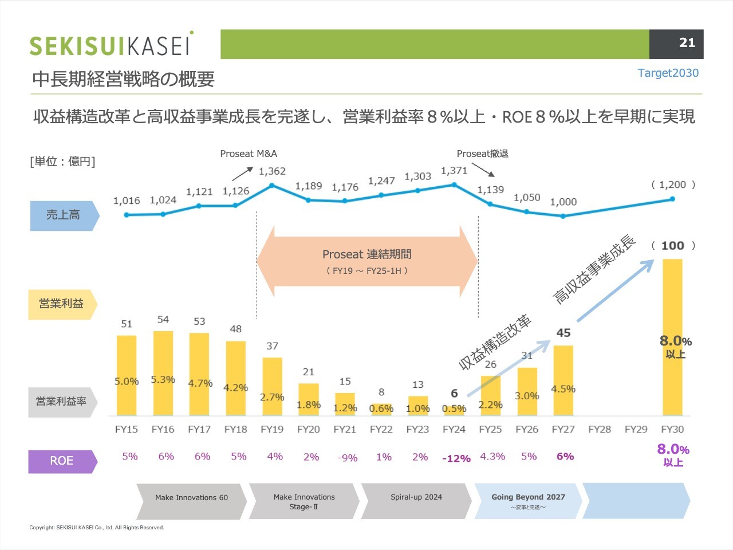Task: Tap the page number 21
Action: click(687, 43)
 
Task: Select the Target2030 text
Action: click(668, 73)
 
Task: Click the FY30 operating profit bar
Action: click(672, 337)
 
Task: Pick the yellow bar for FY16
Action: click(163, 374)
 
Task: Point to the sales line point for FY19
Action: click(272, 185)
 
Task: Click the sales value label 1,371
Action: click(454, 171)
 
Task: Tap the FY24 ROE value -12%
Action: click(456, 458)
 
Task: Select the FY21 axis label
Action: click(345, 429)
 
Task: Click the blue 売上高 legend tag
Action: click(65, 215)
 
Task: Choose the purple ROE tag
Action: click(62, 462)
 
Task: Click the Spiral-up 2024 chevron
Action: click(416, 501)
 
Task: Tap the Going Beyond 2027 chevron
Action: click(528, 501)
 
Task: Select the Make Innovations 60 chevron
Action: click(191, 501)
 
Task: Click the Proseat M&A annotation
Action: click(249, 154)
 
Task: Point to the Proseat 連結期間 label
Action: click(366, 254)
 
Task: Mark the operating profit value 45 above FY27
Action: click(563, 333)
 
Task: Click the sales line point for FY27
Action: click(563, 217)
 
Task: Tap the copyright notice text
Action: click(97, 528)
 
